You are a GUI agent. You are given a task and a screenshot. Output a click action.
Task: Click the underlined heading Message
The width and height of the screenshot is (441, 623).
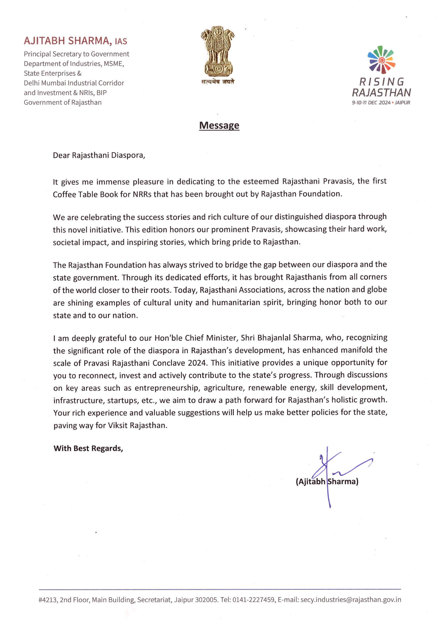[219, 125]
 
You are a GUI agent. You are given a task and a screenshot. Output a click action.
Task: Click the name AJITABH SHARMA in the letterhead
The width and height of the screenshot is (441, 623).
[66, 41]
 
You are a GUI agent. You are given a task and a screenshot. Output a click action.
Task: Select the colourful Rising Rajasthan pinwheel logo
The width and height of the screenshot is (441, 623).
[381, 60]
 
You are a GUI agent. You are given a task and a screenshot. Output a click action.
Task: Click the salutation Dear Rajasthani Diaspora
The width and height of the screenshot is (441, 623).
[99, 155]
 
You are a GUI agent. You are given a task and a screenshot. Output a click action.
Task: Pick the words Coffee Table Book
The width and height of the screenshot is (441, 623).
[85, 194]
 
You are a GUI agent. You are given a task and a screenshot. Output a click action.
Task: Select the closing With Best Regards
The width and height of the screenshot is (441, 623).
[88, 448]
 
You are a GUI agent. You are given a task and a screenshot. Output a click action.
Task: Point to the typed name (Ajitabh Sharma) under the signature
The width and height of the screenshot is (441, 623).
[327, 481]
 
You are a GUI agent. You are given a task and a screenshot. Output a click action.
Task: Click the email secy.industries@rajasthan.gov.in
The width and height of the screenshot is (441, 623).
[351, 599]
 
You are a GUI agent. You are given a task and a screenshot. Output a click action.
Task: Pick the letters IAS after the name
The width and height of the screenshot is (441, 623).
[121, 41]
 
